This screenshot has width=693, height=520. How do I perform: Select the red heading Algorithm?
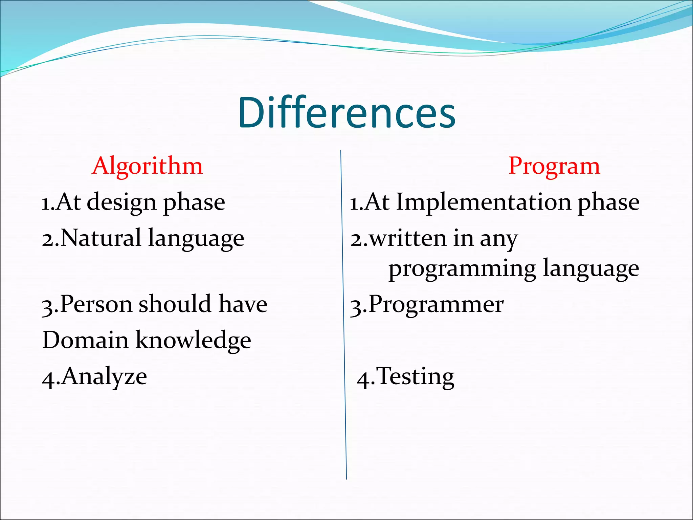pos(147,166)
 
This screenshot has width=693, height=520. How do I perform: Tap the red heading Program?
pos(554,166)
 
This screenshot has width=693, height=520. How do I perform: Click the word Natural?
pos(100,238)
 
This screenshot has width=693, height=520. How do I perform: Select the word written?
pos(408,238)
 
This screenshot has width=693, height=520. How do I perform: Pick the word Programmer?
pos(436,304)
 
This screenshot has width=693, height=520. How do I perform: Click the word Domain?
pos(85,340)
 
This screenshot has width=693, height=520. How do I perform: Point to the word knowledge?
pos(193,341)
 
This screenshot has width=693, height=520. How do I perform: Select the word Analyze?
pos(104,377)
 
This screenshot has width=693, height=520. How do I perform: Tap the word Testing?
pos(415,376)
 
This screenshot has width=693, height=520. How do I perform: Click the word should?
pos(175,304)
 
